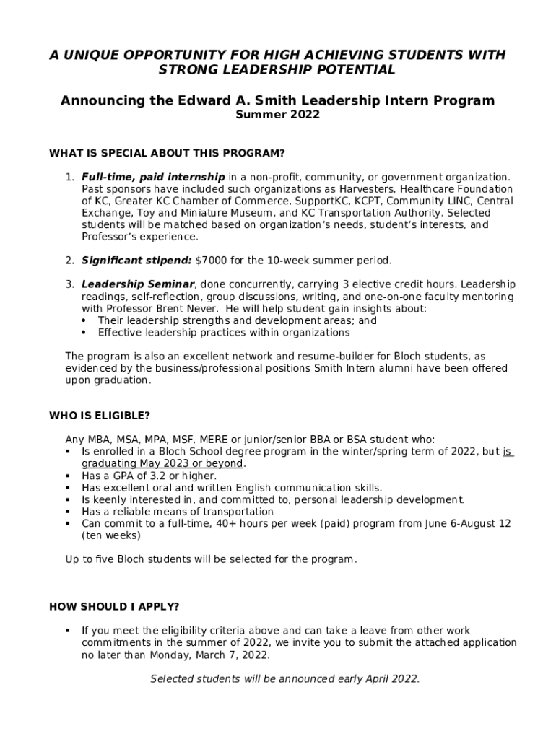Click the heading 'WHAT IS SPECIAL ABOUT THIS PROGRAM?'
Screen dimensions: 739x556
[167, 153]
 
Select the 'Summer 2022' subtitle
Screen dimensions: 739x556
[278, 115]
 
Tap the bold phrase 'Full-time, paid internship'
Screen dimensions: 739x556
[153, 177]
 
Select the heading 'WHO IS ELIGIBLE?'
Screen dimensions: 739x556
[100, 416]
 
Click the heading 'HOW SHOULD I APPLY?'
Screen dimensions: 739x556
[114, 605]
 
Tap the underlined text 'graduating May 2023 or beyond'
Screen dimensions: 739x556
[162, 463]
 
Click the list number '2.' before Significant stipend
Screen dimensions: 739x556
[70, 260]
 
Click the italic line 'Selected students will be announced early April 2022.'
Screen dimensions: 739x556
[284, 679]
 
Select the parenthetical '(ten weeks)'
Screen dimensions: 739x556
[111, 535]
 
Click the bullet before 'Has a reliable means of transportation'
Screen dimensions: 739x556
[67, 512]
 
